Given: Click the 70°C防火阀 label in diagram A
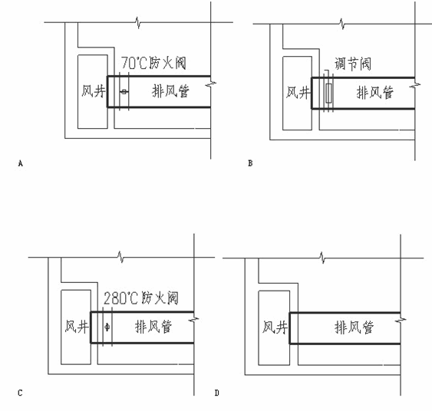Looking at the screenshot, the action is click(153, 63).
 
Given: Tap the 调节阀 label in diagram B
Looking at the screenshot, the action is click(353, 64).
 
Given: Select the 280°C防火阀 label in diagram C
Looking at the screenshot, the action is click(141, 298).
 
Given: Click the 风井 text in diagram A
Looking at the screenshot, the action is click(94, 91).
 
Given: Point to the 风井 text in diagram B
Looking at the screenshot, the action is click(298, 93).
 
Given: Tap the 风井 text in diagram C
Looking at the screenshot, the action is click(77, 327).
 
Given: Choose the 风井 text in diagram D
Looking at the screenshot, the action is click(275, 327).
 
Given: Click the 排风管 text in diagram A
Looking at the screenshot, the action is click(170, 91).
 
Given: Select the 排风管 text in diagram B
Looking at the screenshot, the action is click(375, 93).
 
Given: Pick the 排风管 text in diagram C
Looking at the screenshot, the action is click(153, 327).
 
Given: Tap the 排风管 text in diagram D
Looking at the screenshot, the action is click(355, 327).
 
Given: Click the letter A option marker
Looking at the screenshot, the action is click(21, 163).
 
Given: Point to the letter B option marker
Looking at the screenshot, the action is click(250, 163).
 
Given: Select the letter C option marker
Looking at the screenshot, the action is click(20, 393).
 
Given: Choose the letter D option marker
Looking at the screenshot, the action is click(217, 393).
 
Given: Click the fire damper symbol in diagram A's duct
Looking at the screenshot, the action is click(124, 92).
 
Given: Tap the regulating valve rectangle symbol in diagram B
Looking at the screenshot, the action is click(328, 94).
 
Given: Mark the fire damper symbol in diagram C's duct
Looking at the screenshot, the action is click(107, 327).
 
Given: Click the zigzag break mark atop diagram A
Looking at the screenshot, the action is click(138, 22).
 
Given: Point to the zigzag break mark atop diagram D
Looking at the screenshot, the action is click(322, 258).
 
